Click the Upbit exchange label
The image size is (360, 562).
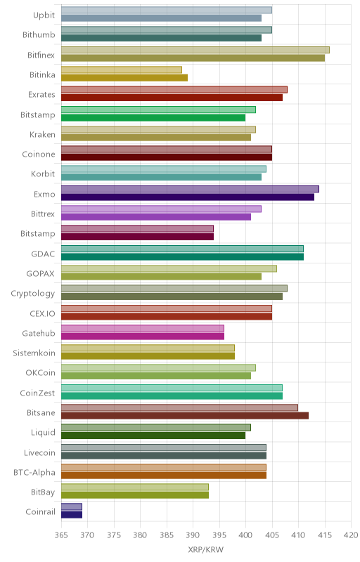coord(44,15)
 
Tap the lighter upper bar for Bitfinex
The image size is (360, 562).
coord(195,50)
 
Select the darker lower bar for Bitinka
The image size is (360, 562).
coord(124,78)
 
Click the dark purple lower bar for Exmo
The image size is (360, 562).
coord(188,197)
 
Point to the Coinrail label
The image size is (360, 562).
coord(40,512)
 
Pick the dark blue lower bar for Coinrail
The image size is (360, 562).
coord(72,515)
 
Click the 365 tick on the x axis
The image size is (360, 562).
coord(61,535)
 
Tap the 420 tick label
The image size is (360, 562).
coord(351,535)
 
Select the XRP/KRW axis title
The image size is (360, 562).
coord(206,550)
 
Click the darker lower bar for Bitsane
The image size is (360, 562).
coord(185,415)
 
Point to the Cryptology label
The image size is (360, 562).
coord(33,294)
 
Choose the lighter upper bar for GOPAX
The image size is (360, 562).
coord(169,268)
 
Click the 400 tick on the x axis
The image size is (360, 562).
coord(245,535)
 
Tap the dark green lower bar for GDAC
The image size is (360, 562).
coord(183,256)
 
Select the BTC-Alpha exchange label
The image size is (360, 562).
coord(34,472)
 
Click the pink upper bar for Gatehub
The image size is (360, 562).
coord(143,328)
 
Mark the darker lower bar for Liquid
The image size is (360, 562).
coord(153,436)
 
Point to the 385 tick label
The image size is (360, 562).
coord(167,535)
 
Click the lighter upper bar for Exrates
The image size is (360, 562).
coord(174,90)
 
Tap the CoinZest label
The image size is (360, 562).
coord(37,393)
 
